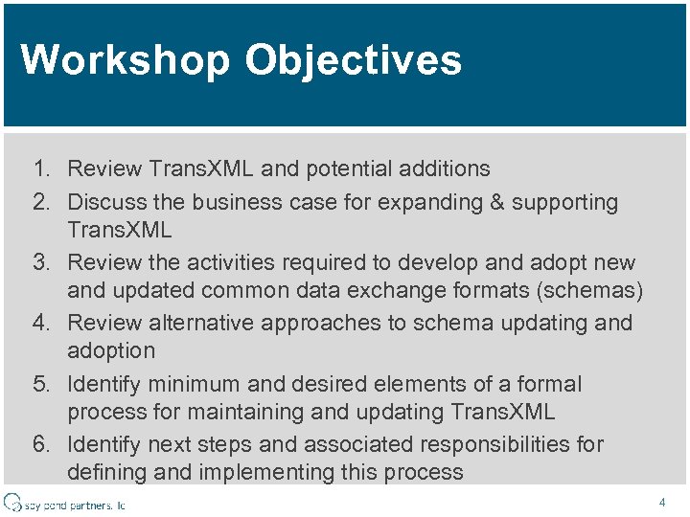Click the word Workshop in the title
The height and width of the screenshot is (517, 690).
click(126, 59)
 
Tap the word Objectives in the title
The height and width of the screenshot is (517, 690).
click(354, 59)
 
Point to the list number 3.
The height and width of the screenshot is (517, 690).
click(40, 262)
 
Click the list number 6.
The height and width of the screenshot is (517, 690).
click(40, 444)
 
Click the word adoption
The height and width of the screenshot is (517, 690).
click(111, 350)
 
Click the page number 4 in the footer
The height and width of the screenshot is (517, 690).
click(662, 502)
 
